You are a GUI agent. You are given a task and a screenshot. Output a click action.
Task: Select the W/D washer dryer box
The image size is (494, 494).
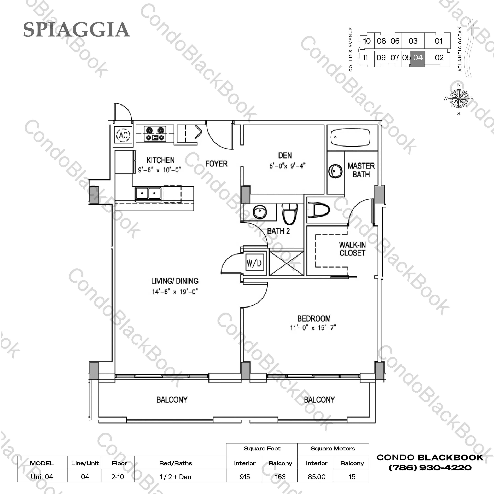[x=254, y=263]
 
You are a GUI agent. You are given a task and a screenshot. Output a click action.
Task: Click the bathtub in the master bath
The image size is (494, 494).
[x=350, y=137]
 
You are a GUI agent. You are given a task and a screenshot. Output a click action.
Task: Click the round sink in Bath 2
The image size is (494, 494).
[x=260, y=212]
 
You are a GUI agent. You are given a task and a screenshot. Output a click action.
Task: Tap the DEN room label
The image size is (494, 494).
[x=285, y=155]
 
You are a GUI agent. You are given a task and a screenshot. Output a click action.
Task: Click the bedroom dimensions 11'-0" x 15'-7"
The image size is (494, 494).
[x=313, y=328]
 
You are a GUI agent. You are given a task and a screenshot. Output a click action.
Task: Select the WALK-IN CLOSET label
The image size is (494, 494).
[x=352, y=249]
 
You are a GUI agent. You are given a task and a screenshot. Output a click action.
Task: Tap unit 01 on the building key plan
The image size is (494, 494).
[x=438, y=41]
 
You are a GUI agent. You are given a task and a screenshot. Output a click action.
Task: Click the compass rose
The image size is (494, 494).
[x=459, y=98]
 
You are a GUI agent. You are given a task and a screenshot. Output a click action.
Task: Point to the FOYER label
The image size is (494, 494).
[x=216, y=164]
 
